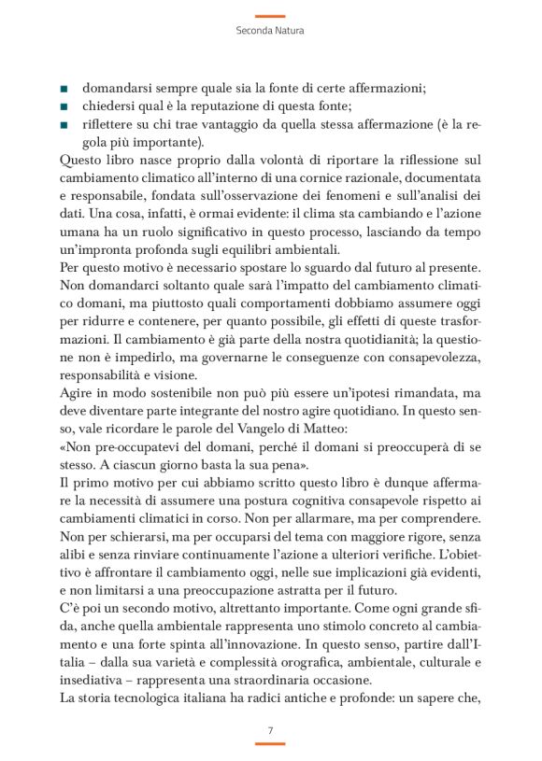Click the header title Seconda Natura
click(270, 31)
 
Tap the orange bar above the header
click(270, 16)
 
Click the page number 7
click(270, 730)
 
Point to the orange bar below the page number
click(270, 743)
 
